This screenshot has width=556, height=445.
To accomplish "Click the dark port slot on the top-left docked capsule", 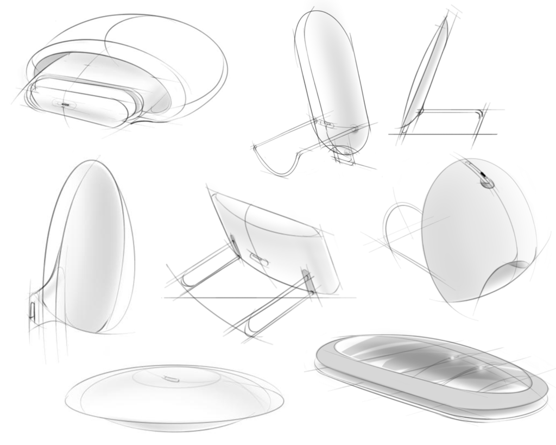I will point(65,102).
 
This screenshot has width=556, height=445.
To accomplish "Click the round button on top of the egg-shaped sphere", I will point(488,183).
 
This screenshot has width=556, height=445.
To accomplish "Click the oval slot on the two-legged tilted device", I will point(257,257).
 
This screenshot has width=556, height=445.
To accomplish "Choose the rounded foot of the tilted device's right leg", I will point(249,329).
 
